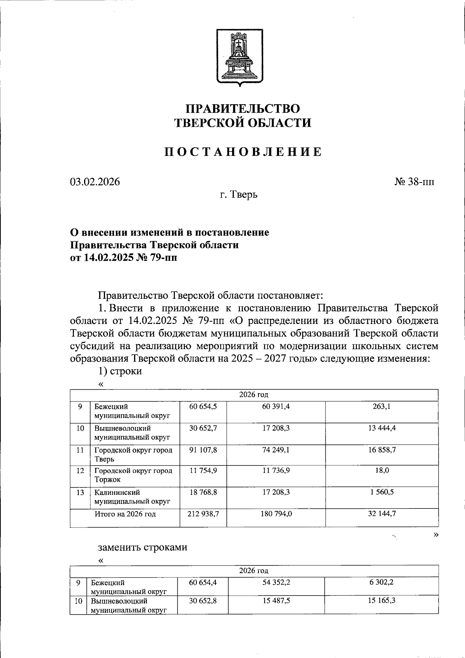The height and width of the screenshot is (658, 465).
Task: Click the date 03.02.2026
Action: point(95,182)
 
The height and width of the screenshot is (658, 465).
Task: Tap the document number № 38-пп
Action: point(414,182)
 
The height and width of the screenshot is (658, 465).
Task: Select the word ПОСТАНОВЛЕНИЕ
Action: point(243,152)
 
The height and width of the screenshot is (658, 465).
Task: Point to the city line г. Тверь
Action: point(239,195)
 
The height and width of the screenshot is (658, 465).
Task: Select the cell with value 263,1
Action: point(382,407)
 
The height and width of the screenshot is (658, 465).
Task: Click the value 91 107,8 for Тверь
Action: point(203,450)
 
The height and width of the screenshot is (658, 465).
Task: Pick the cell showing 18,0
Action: point(382,470)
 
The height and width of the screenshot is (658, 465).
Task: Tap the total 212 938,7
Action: point(203,514)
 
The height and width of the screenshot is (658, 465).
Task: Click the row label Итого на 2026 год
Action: point(125,514)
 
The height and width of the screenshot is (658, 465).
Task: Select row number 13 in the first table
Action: point(80,493)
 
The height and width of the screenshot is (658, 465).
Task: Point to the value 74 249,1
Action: point(276,450)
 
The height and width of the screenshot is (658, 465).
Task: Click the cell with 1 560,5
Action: point(382,492)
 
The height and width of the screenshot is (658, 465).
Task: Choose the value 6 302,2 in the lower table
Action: point(382,582)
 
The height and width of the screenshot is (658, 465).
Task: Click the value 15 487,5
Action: point(276,601)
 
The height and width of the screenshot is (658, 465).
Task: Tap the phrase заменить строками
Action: point(142,547)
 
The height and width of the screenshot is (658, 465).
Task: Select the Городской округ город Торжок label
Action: point(133,475)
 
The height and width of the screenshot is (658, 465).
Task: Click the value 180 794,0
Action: point(276,514)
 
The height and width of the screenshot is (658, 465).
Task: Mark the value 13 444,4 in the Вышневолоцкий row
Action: point(382,428)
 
